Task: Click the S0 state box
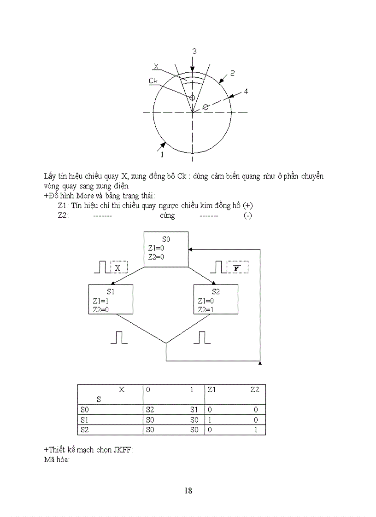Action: click(x=166, y=249)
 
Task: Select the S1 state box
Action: click(x=111, y=299)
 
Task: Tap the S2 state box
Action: click(x=216, y=299)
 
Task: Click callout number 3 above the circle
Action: click(x=194, y=52)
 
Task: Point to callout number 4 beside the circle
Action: click(x=246, y=92)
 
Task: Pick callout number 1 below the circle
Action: click(x=162, y=155)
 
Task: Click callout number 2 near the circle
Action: click(x=233, y=73)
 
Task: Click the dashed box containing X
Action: click(x=118, y=267)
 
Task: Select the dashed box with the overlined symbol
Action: click(x=237, y=267)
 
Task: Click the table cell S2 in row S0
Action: click(x=150, y=409)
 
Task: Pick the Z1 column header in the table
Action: click(x=212, y=389)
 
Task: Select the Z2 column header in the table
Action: click(x=255, y=389)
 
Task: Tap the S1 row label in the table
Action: click(x=84, y=420)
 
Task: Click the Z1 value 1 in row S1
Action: click(x=210, y=420)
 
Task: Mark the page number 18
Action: click(x=188, y=490)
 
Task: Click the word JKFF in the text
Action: click(x=122, y=450)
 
